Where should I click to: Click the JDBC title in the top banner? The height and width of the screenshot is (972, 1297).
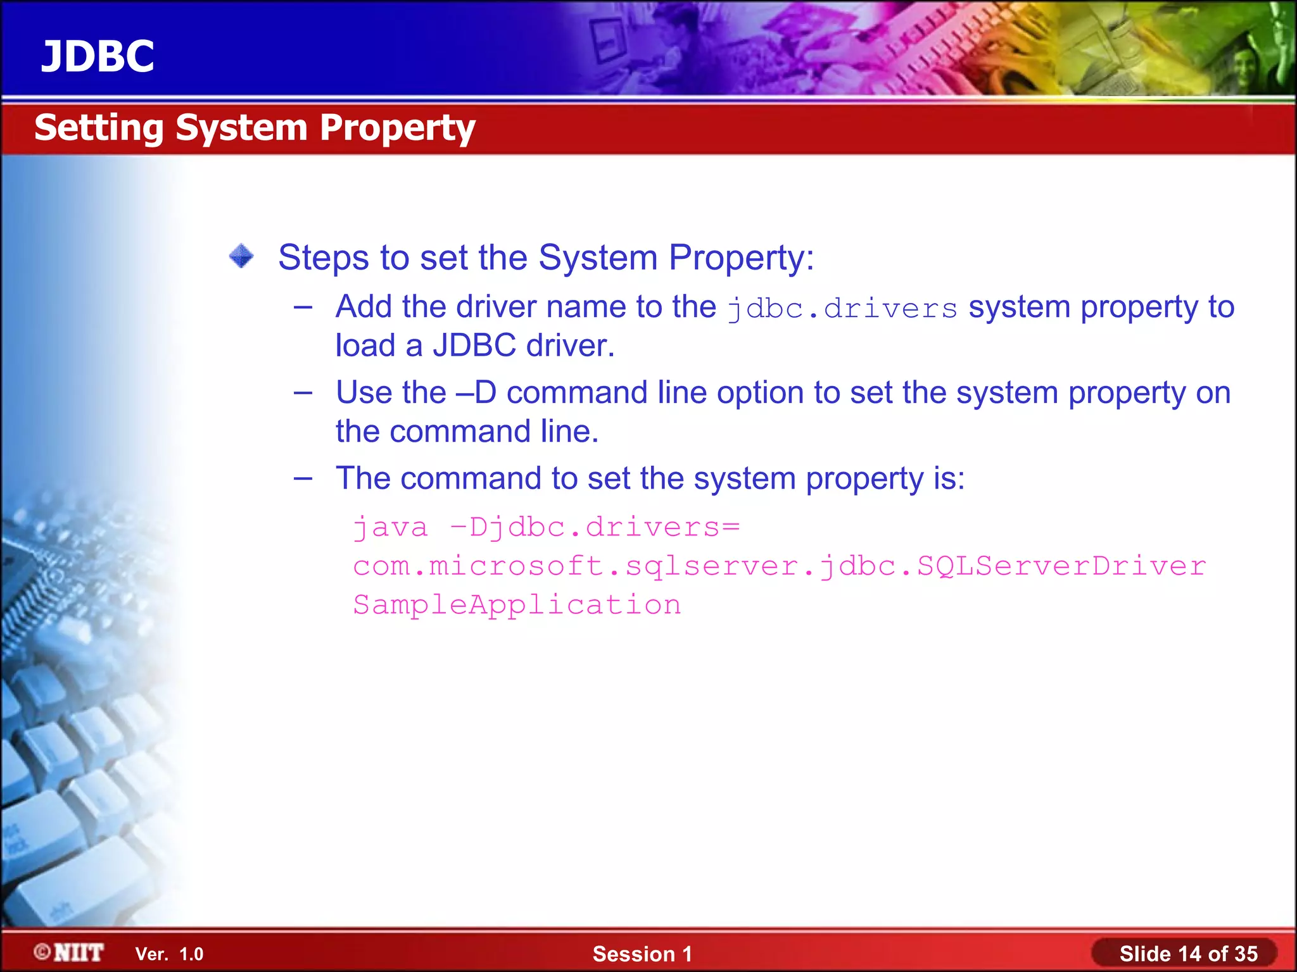tap(98, 56)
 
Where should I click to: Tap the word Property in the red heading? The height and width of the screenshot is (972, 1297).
tap(397, 128)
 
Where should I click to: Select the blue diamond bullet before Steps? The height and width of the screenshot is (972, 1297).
tap(241, 256)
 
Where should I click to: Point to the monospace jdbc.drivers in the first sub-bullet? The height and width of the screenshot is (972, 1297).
tap(842, 309)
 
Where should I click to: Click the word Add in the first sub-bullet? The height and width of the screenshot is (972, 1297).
tap(364, 307)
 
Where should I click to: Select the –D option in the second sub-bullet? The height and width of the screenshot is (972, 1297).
tap(476, 393)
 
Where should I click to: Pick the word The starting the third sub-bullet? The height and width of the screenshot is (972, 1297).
tap(363, 478)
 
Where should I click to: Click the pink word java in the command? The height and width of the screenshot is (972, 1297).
tap(390, 527)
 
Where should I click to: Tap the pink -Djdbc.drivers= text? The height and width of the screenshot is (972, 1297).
tap(595, 527)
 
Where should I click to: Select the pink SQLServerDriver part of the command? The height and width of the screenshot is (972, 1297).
tap(1061, 566)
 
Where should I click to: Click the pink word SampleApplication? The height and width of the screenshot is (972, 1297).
tap(517, 605)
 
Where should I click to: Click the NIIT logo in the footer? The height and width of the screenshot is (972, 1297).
tap(70, 952)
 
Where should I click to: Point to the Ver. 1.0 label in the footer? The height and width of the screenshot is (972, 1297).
tap(169, 954)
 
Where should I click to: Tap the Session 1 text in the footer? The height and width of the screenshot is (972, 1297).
tap(642, 954)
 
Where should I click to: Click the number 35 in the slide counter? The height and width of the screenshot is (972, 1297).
tap(1245, 954)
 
